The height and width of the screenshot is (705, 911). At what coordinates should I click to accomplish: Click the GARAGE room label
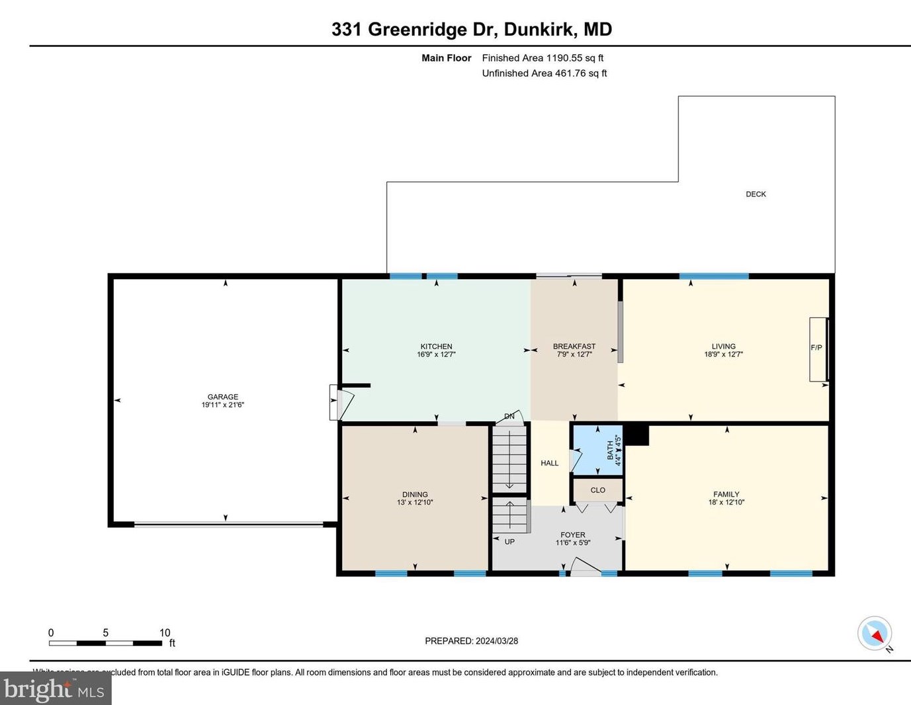tap(222, 397)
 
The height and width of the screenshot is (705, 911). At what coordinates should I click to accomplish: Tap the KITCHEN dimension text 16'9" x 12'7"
tap(436, 354)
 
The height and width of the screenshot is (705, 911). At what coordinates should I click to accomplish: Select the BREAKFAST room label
tap(574, 346)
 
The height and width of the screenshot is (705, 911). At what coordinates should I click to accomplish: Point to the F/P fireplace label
tap(816, 348)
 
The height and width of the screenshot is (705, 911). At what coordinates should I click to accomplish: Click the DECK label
tap(756, 194)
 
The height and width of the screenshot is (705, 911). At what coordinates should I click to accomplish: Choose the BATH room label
tap(610, 450)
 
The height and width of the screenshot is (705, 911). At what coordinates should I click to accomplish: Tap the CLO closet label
tap(597, 490)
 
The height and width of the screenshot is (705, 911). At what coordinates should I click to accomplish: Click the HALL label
tap(549, 463)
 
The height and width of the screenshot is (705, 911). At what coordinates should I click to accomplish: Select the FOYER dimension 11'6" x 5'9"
tap(572, 543)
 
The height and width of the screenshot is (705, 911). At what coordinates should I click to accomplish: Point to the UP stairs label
tap(509, 542)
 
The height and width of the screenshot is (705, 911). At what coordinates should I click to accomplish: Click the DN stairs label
tap(509, 416)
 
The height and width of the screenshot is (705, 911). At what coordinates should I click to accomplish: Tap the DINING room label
tap(415, 494)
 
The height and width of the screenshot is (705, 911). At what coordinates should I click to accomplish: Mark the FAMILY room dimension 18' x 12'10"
tap(726, 503)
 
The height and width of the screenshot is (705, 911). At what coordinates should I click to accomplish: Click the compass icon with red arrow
tap(875, 634)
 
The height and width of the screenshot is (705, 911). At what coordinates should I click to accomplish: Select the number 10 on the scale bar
tap(165, 633)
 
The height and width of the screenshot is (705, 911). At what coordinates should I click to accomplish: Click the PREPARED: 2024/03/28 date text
tap(471, 641)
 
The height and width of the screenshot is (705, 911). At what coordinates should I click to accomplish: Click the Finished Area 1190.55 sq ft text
tap(542, 58)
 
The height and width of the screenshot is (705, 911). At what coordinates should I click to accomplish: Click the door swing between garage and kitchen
tap(342, 403)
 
